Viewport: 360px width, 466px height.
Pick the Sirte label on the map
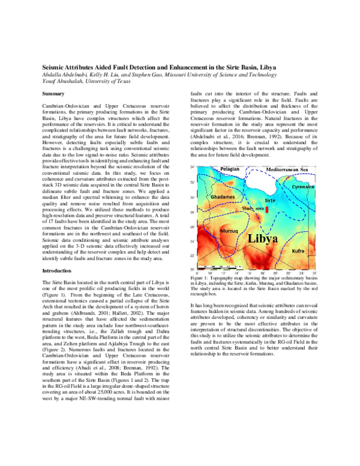point(270,196)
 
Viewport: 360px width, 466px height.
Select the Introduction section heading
point(58,271)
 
